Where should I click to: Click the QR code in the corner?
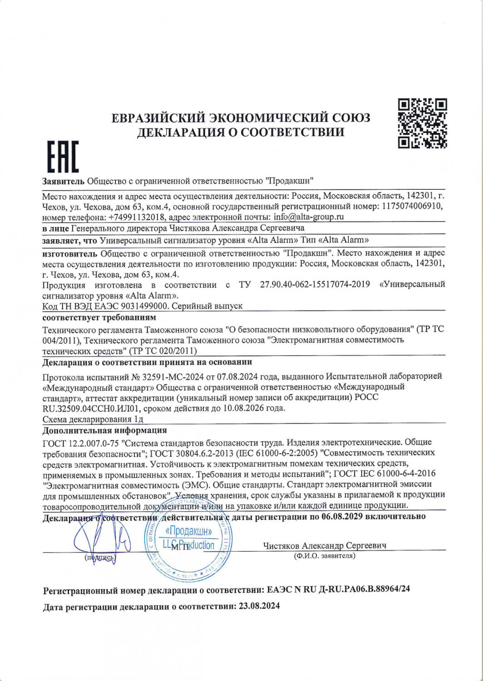point(422,123)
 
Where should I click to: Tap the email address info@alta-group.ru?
point(309,217)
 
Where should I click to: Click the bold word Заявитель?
point(63,181)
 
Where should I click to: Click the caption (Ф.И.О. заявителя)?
point(324,556)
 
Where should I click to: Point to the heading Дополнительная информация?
point(104,430)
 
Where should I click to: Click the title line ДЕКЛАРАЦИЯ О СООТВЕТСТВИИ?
point(241,132)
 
